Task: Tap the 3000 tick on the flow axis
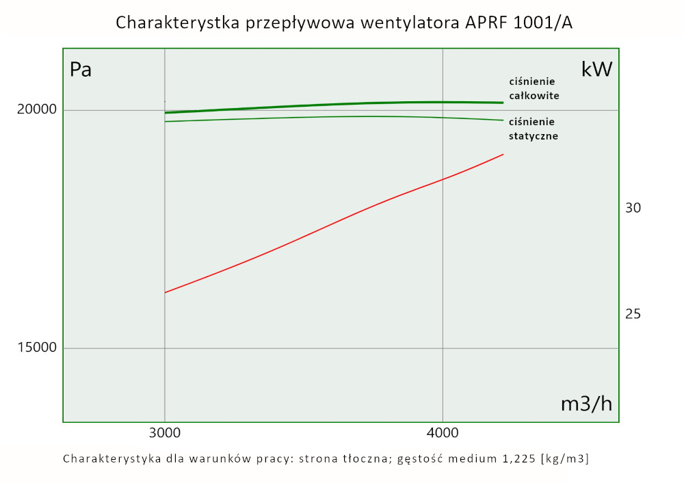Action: tap(164, 434)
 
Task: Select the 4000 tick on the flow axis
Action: tap(443, 434)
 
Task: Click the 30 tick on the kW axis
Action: tap(633, 208)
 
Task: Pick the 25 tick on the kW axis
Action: tap(633, 314)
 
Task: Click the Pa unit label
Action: tap(81, 70)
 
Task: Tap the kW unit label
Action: tap(596, 70)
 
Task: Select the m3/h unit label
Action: tap(586, 404)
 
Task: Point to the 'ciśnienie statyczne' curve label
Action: tap(533, 129)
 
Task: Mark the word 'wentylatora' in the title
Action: tap(408, 23)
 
